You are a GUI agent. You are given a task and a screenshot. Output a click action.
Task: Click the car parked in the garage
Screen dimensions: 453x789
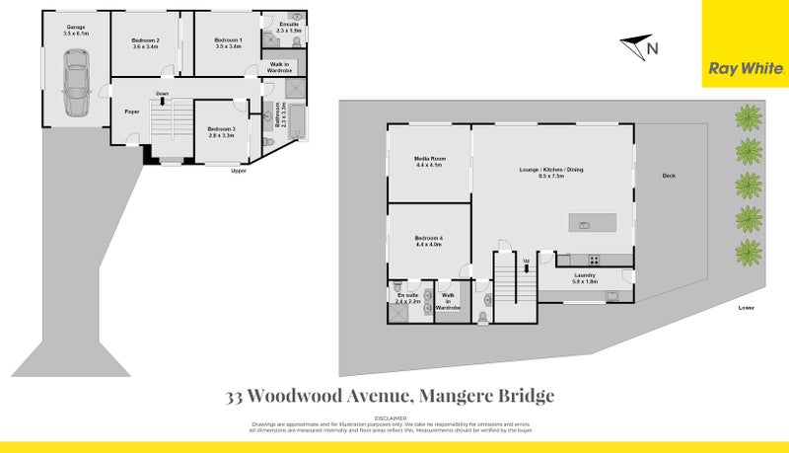coord(76,82)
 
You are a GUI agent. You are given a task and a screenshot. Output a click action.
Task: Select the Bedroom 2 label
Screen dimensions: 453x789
coord(146,42)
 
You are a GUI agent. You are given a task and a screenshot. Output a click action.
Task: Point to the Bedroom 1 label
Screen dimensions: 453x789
coord(228,42)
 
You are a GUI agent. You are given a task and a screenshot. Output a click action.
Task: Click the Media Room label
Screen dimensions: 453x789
coord(429,161)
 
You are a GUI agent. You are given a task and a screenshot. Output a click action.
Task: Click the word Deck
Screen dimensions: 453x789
coord(669,177)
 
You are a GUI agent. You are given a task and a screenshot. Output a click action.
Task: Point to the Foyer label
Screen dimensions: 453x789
coord(130,111)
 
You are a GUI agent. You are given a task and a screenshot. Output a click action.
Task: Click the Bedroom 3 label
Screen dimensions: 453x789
coord(221,131)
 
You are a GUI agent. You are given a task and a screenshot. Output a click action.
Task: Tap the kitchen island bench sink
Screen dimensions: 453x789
coord(584,224)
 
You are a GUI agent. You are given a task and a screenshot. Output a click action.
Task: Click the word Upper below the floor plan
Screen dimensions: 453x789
coord(238,171)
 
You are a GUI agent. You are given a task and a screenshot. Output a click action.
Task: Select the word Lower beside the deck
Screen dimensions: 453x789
coord(746,308)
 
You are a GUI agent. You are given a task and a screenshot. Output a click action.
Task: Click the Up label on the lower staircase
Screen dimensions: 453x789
coord(526,261)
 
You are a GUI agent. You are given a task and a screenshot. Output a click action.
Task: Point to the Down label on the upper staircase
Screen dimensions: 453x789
coord(161,94)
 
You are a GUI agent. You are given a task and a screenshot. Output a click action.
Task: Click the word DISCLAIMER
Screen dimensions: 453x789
coord(394,417)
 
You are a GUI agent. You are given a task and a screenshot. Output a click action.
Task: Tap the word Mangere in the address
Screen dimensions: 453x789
coord(457,397)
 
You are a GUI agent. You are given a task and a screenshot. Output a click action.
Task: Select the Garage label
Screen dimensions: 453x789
coord(75,29)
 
